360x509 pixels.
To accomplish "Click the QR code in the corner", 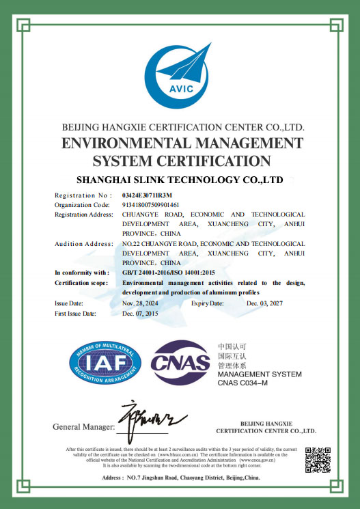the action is [316, 458].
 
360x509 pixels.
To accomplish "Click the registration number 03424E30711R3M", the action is [147, 195].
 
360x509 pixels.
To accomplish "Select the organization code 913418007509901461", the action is [150, 204].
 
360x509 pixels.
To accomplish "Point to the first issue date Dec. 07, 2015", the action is [140, 313].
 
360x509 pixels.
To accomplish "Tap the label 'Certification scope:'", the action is [81, 282].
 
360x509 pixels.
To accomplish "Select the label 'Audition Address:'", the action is [83, 243].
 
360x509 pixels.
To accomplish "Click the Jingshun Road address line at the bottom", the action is [180, 478].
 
